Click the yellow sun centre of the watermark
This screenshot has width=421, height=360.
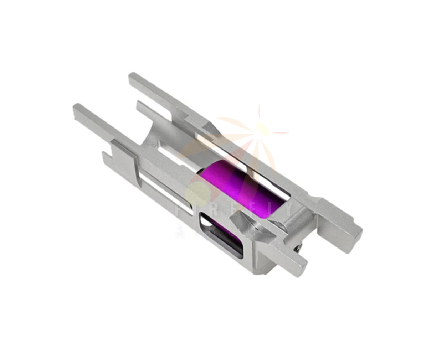pos(263,129)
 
